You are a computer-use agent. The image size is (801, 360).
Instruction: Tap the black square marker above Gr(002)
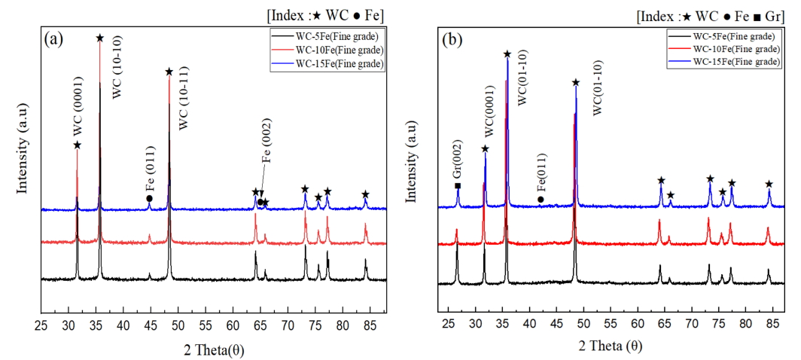coord(457,185)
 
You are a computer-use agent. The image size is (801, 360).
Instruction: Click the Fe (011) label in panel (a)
coord(149,174)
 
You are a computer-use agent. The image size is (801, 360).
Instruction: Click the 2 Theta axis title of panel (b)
coord(611,346)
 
